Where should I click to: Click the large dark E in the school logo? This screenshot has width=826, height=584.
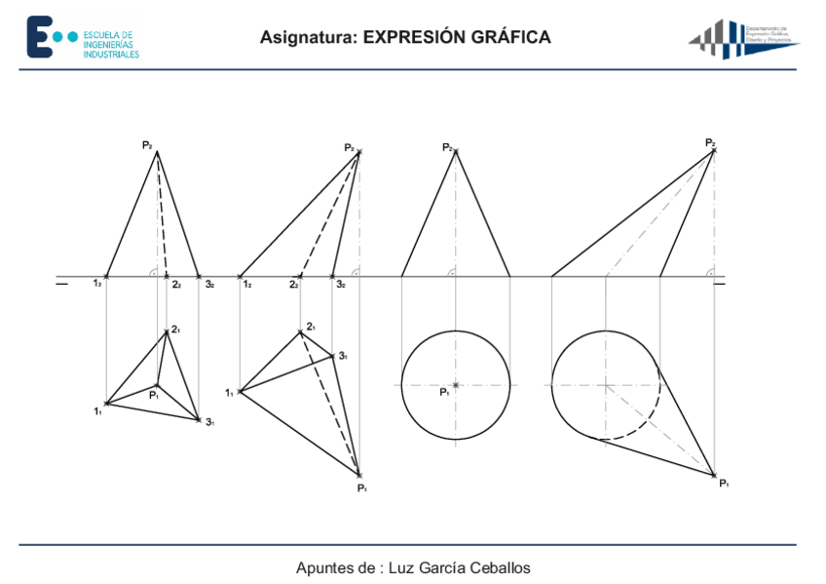[38, 36]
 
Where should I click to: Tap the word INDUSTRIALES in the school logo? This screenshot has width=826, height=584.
[110, 55]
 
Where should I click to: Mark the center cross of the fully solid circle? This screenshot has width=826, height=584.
[456, 385]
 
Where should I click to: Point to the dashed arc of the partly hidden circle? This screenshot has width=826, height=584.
[644, 425]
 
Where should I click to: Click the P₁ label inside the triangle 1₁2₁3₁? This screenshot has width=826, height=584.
[154, 395]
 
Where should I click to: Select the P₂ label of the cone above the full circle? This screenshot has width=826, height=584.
[447, 147]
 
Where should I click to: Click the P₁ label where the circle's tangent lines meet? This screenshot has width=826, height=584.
[724, 483]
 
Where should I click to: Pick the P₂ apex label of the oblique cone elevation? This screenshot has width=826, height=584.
[710, 142]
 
